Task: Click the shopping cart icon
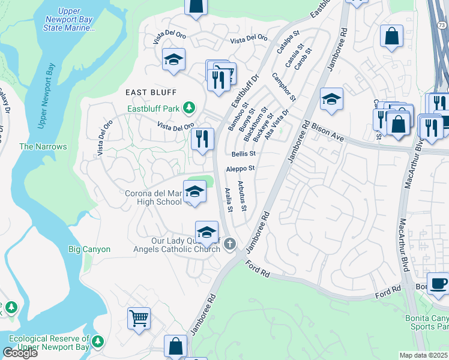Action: click(x=139, y=317)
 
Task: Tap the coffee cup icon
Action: click(x=438, y=283)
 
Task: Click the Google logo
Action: click(x=19, y=353)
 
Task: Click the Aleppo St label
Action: click(x=241, y=169)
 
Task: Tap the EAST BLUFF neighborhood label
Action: click(x=151, y=92)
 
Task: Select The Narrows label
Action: click(x=43, y=146)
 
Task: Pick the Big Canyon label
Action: click(x=89, y=249)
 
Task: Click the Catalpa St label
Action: click(x=287, y=44)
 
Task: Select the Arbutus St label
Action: click(x=241, y=196)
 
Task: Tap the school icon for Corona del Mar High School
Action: click(x=194, y=191)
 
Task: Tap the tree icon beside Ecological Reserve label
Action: click(x=98, y=343)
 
